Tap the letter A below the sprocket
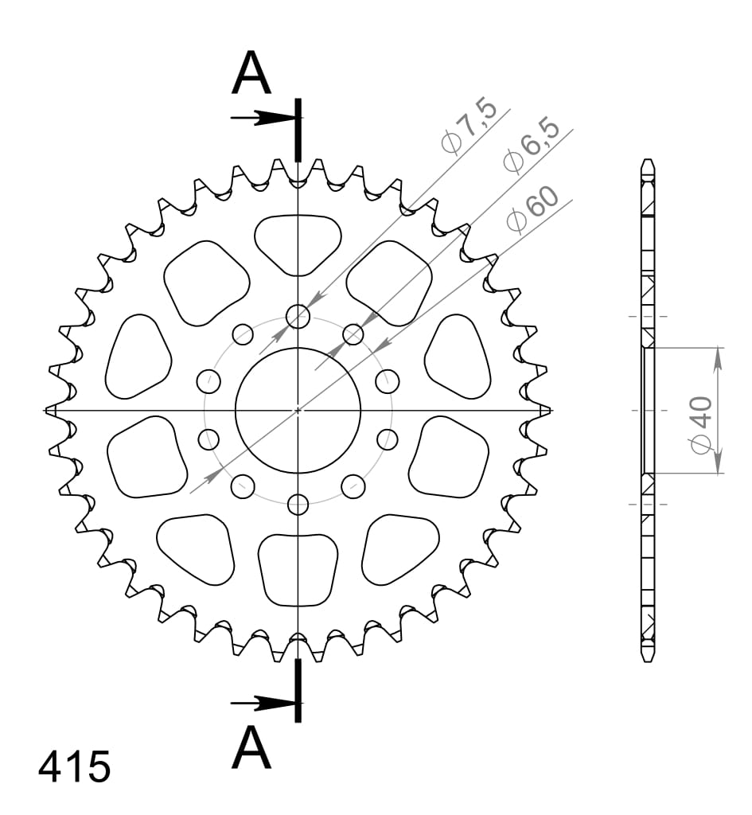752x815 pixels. pyautogui.click(x=251, y=748)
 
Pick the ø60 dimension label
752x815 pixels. pyautogui.click(x=534, y=210)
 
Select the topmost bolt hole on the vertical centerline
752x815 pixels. pyautogui.click(x=298, y=316)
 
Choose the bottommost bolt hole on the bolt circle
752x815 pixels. pyautogui.click(x=298, y=504)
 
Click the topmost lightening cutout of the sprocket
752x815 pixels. pyautogui.click(x=298, y=241)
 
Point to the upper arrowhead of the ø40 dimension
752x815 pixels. pyautogui.click(x=718, y=358)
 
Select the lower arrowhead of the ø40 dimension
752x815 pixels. pyautogui.click(x=718, y=462)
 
